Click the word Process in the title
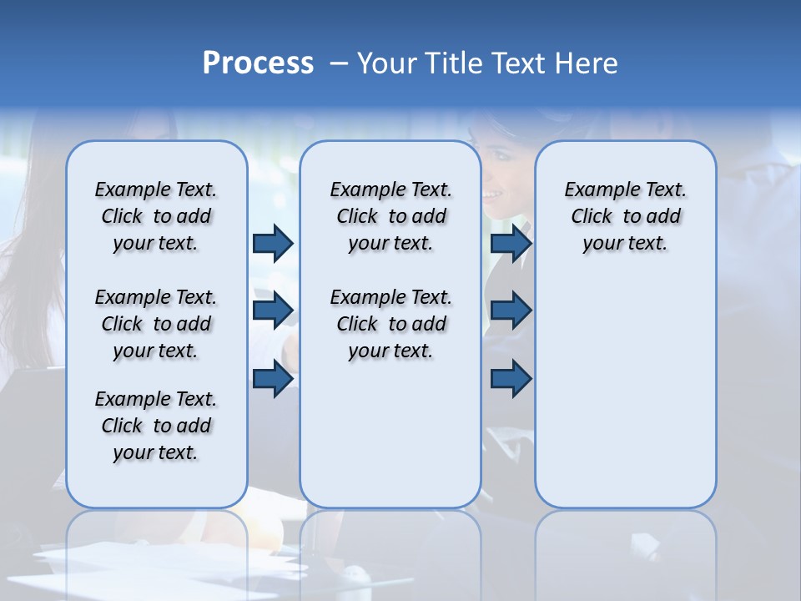258,63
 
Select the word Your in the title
389,63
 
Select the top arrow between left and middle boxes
273,244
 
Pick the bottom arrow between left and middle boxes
273,378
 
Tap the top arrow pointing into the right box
511,244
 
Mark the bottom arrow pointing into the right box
511,378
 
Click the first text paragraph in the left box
156,216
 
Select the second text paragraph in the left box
156,324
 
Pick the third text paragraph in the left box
156,426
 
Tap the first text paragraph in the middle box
390,216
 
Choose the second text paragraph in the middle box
390,324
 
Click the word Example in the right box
597,189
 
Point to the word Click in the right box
592,216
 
